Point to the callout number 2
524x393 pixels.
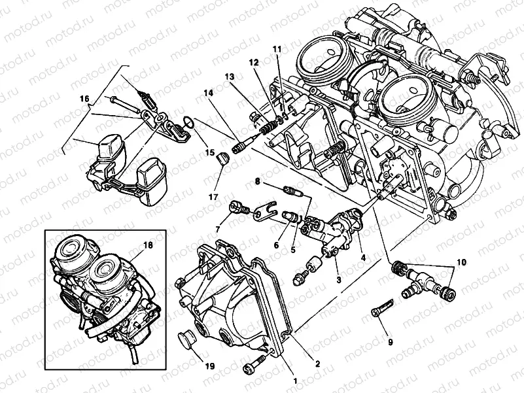[318, 364]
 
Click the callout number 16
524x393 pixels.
[84, 98]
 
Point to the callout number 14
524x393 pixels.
[208, 94]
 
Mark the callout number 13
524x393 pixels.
[230, 77]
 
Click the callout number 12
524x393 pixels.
[253, 62]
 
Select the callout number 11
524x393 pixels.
[277, 49]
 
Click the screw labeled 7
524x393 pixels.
[238, 209]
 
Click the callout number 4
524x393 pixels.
[362, 258]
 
